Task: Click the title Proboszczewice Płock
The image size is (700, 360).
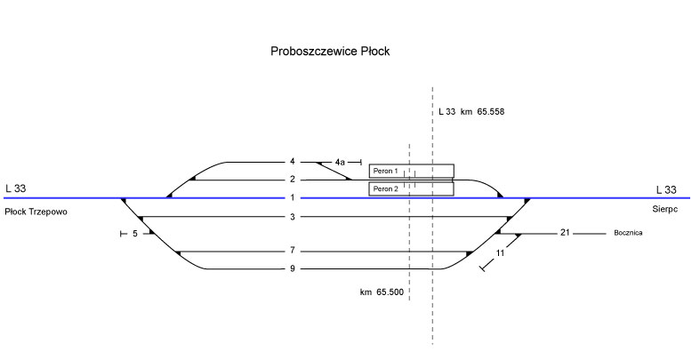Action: [x=330, y=52]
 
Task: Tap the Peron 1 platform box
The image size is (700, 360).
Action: [x=411, y=171]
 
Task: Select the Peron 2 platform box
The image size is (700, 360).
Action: [x=411, y=188]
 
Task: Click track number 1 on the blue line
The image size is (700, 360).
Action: [x=292, y=197]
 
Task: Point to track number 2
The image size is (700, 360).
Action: [x=292, y=180]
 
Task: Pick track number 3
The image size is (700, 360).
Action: [x=292, y=217]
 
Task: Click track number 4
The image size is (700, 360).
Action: [x=292, y=162]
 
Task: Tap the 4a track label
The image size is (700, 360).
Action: [x=340, y=163]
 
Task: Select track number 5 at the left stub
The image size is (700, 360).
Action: [x=135, y=235]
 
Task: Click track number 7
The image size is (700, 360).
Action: [x=292, y=252]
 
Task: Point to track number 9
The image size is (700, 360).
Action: [x=292, y=269]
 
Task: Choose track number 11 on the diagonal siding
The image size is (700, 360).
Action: [x=501, y=253]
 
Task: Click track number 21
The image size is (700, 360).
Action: [x=564, y=233]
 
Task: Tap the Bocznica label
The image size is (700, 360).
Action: [x=627, y=233]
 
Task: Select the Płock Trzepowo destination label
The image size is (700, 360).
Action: [x=36, y=212]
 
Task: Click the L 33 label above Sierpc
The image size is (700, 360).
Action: [x=665, y=189]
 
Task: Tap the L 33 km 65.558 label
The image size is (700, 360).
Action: [x=471, y=112]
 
